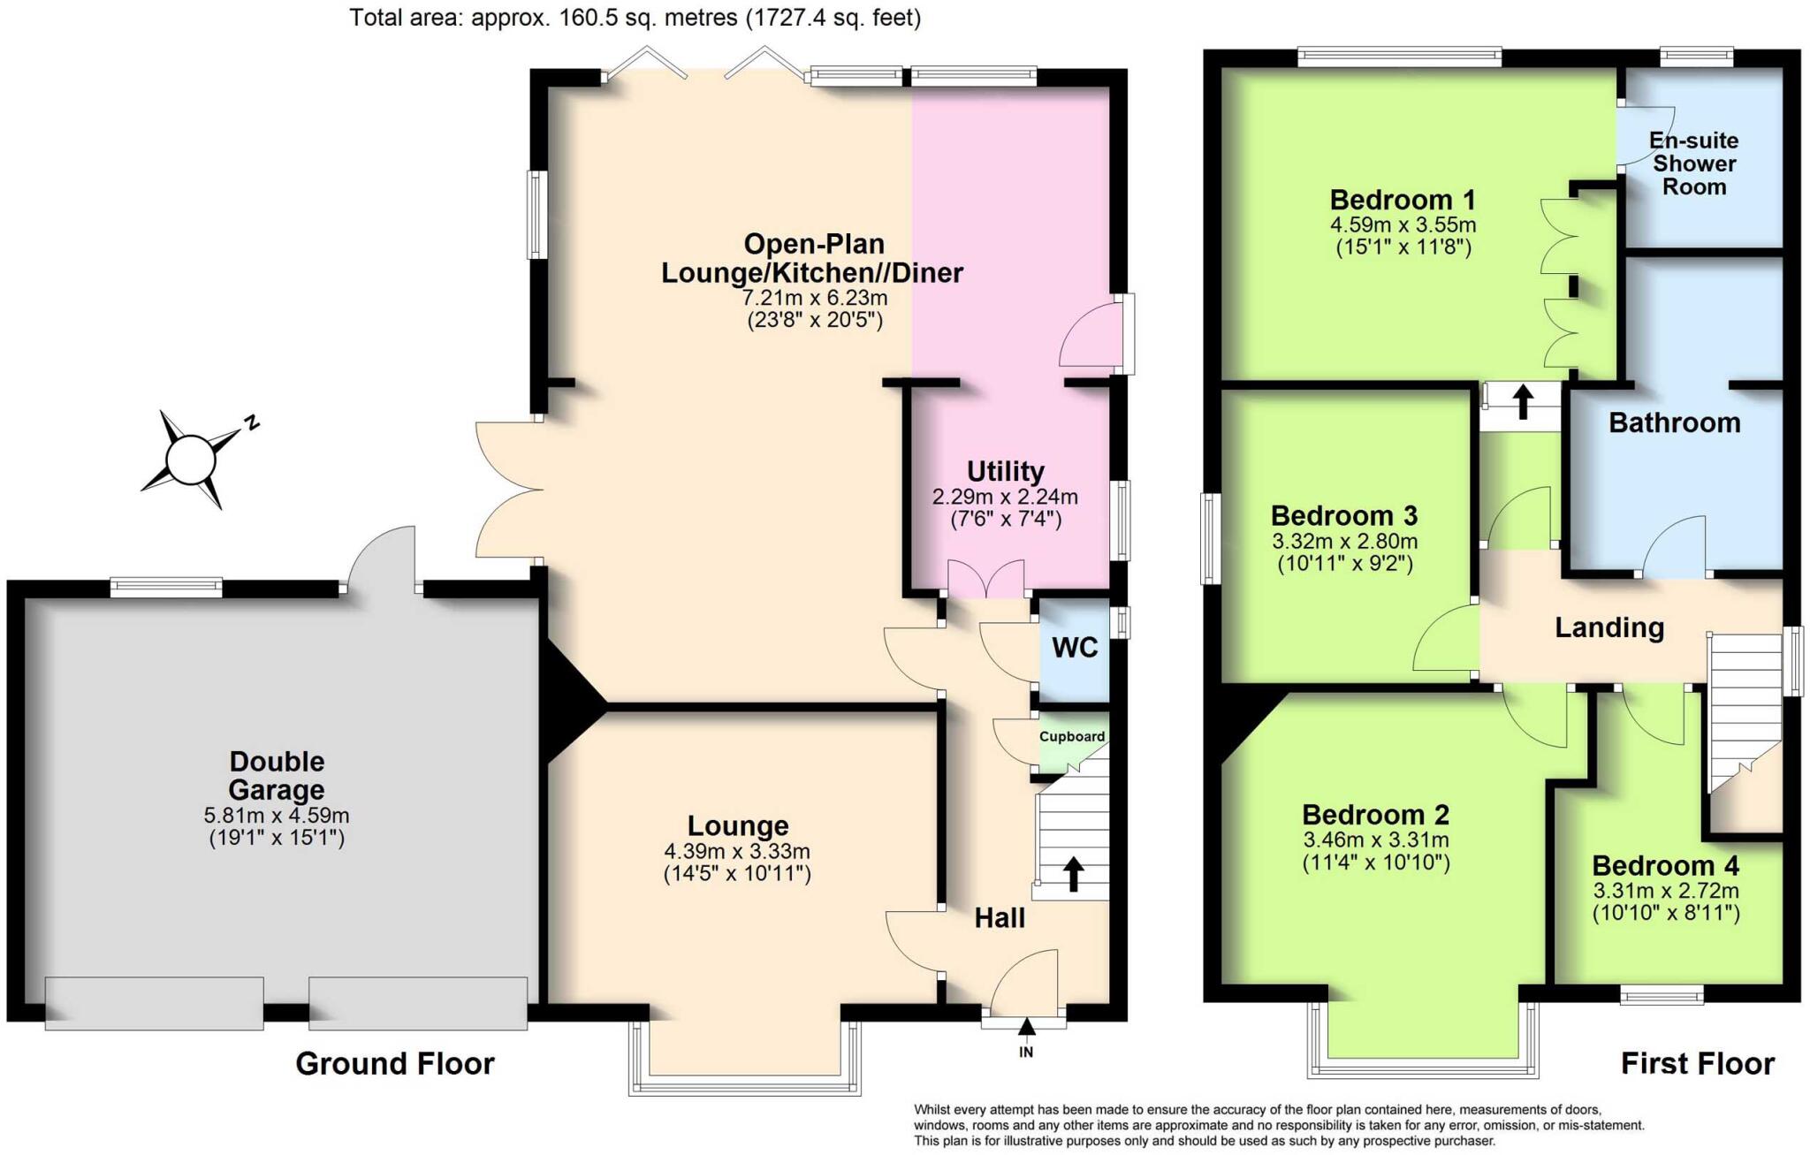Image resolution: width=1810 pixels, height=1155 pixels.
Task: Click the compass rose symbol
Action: coord(192,460)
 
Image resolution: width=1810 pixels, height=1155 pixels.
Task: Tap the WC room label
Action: coord(1075,648)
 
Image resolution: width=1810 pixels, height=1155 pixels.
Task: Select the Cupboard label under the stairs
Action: coord(1071,736)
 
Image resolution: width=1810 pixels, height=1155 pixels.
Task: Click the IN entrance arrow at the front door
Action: coord(1026,1029)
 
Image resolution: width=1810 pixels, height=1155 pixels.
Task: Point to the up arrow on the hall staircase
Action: coord(1073,872)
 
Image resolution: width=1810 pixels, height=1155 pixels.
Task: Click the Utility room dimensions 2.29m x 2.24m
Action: coord(1005,498)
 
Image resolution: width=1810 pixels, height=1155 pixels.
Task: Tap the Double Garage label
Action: coord(277,775)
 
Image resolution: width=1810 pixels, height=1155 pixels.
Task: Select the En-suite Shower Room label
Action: coord(1693,163)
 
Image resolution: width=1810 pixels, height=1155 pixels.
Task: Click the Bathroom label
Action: coord(1674,422)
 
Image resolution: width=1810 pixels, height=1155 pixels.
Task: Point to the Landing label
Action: coord(1609,627)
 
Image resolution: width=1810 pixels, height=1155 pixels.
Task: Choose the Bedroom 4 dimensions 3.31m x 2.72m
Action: coord(1665,891)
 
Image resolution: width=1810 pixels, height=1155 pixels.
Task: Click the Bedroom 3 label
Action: coord(1343,515)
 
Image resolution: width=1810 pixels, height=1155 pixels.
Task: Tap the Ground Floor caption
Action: coord(394,1063)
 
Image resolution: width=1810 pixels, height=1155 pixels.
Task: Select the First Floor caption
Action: coord(1697,1063)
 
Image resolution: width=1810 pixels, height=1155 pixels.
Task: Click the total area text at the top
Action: coord(635,17)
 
